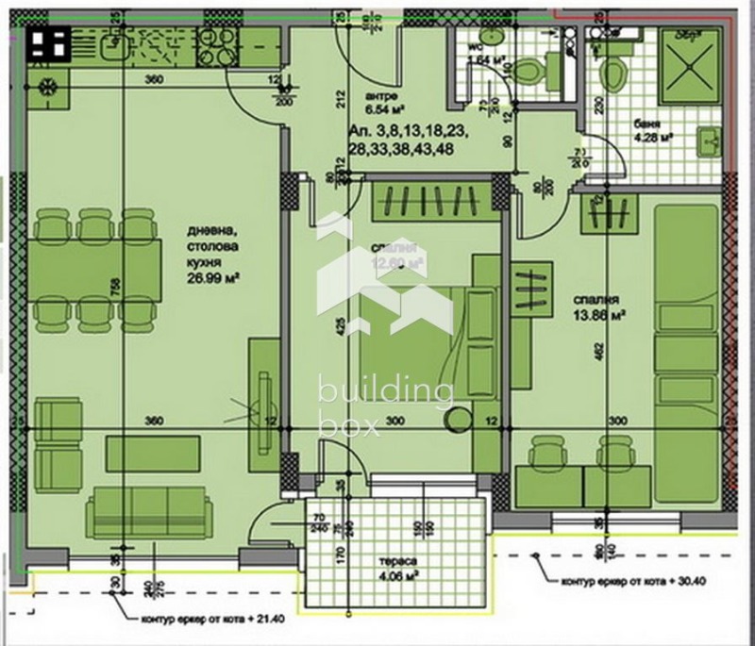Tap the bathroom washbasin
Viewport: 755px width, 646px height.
tap(710, 142)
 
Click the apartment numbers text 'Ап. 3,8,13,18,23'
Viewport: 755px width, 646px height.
tap(407, 132)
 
